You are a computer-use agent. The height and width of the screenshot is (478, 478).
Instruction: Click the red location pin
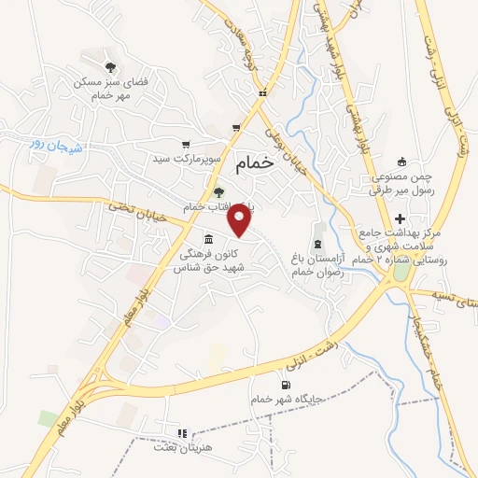tap(241, 220)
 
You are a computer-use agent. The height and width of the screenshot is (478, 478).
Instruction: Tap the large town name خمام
tap(256, 162)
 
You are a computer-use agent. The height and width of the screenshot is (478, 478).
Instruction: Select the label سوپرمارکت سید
tap(188, 159)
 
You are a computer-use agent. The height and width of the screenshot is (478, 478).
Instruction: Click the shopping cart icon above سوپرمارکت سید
tap(187, 145)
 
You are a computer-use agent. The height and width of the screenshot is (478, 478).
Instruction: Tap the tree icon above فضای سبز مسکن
tap(110, 66)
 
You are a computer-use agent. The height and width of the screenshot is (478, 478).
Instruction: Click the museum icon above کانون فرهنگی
tap(207, 239)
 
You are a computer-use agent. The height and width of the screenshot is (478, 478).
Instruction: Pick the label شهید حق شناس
tap(207, 267)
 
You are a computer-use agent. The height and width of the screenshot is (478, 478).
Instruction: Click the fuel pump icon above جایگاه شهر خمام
tap(285, 384)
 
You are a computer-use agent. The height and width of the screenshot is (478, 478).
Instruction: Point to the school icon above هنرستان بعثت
tap(182, 433)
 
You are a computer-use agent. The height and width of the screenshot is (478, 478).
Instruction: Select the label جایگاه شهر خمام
tap(285, 398)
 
